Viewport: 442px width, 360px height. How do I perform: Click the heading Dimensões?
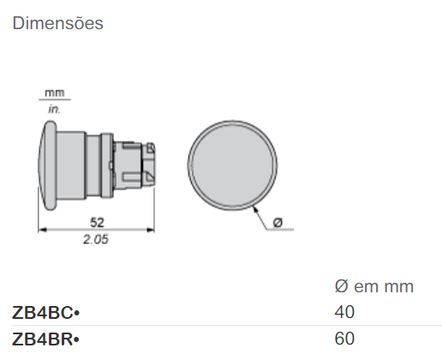pyautogui.click(x=57, y=23)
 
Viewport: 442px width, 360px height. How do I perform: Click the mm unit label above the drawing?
pyautogui.click(x=55, y=93)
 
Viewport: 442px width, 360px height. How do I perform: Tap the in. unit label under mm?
pyautogui.click(x=54, y=109)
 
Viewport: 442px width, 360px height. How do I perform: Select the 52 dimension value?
pyautogui.click(x=97, y=222)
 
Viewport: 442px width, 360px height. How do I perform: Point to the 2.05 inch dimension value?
pyautogui.click(x=96, y=239)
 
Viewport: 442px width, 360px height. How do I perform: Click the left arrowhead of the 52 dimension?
pyautogui.click(x=42, y=230)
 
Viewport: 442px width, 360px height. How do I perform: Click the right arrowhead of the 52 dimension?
pyautogui.click(x=151, y=230)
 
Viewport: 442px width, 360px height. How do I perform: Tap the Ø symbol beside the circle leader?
pyautogui.click(x=278, y=222)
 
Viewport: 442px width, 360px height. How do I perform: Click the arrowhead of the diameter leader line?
pyautogui.click(x=255, y=209)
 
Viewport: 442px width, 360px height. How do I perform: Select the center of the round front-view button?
pyautogui.click(x=232, y=165)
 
